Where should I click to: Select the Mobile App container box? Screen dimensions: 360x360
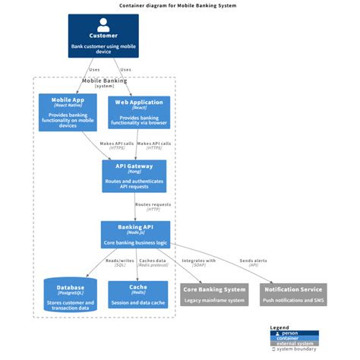(68, 112)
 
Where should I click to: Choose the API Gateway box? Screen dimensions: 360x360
(134, 175)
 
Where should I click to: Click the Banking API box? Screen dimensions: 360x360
(134, 234)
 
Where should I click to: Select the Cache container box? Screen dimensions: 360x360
(137, 295)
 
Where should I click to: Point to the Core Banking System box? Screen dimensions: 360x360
(214, 294)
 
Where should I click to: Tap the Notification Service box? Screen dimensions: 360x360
(293, 294)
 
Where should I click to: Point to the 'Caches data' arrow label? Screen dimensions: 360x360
(152, 263)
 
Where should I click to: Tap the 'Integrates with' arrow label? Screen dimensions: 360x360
(199, 263)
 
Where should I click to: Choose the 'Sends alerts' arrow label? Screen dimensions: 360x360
(254, 263)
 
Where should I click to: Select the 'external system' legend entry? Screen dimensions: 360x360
(296, 343)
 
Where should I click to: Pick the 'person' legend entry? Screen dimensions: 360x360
(290, 333)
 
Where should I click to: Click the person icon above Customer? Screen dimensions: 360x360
(103, 24)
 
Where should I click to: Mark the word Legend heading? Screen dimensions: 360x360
(279, 328)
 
